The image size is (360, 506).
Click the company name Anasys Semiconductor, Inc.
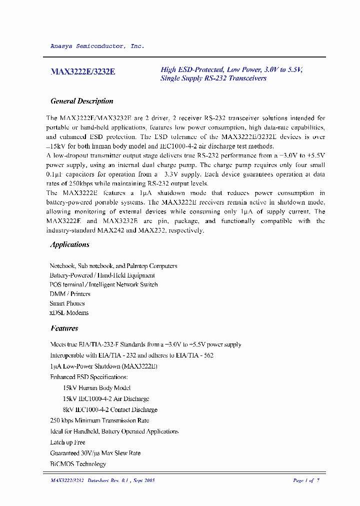(x=97, y=46)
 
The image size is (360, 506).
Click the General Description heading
(x=82, y=101)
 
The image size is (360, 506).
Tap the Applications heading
(x=69, y=244)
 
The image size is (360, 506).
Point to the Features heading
(x=64, y=328)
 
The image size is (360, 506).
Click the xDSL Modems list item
(x=69, y=313)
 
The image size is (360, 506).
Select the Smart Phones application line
(x=67, y=303)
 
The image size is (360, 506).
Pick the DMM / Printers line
(x=70, y=294)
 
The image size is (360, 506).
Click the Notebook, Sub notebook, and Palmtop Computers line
(x=113, y=266)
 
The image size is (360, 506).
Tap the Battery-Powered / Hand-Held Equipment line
(x=102, y=275)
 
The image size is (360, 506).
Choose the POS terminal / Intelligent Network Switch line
(x=103, y=284)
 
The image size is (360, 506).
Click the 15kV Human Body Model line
(x=96, y=388)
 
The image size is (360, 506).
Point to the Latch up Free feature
(x=67, y=442)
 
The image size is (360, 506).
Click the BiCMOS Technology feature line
(x=78, y=464)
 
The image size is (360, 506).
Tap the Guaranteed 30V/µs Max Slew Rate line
(x=95, y=453)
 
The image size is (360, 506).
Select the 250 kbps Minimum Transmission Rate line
(x=99, y=421)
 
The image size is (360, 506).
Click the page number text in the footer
(x=305, y=480)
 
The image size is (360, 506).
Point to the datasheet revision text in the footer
(x=103, y=480)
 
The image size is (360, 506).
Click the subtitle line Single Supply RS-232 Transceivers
(x=213, y=78)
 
